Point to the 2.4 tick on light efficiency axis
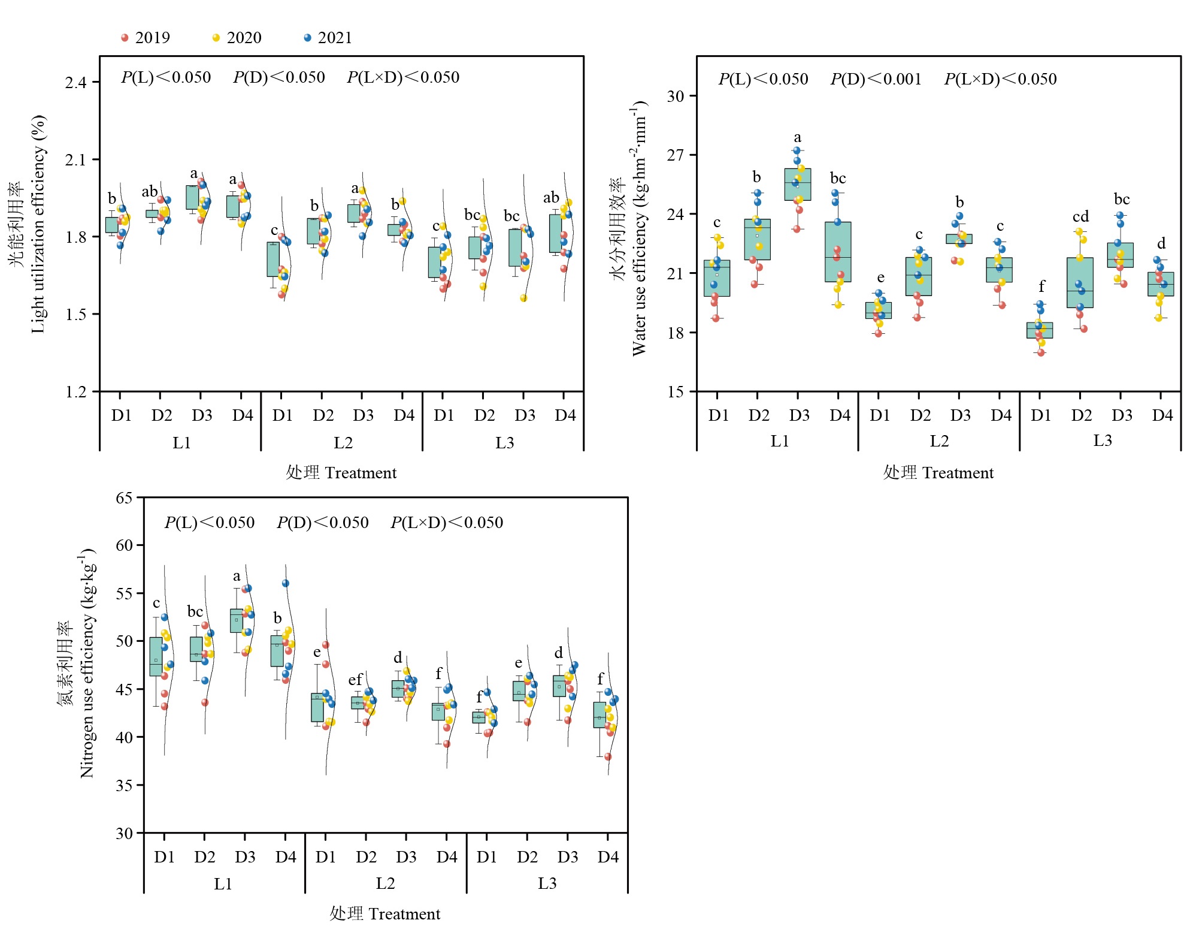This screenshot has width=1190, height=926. (x=76, y=82)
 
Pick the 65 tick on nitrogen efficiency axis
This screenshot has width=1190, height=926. (x=125, y=498)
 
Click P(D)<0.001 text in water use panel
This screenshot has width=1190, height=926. (x=876, y=79)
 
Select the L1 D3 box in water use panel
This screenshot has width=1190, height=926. (x=798, y=185)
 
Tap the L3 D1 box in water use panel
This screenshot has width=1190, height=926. (x=1040, y=330)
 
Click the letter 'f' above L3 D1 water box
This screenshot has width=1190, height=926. (x=1041, y=286)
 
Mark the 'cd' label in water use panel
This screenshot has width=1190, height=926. (x=1080, y=216)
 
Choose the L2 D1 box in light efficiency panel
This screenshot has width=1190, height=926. (x=273, y=260)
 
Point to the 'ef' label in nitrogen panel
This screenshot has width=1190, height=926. (x=355, y=680)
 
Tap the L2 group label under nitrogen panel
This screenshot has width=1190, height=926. (x=385, y=883)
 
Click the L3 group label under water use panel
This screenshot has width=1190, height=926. (x=1102, y=441)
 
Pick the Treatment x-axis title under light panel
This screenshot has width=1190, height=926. (x=341, y=473)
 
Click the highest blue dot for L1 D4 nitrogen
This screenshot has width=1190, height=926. (x=286, y=583)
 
